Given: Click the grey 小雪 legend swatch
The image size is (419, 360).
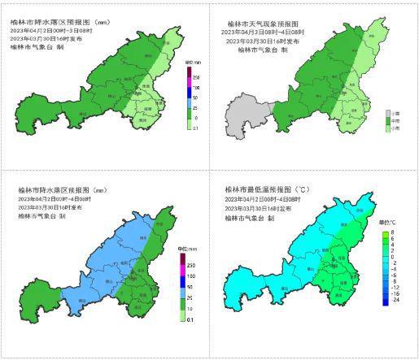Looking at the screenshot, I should click(x=389, y=114).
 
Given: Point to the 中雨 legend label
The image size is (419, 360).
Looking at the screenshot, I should click(x=399, y=121).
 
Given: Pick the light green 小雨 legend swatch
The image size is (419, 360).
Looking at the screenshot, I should click(x=389, y=128).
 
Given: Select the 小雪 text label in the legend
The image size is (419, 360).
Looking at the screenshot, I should click(x=399, y=114).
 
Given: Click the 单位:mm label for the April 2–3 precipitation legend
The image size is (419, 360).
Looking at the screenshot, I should click(x=193, y=62).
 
